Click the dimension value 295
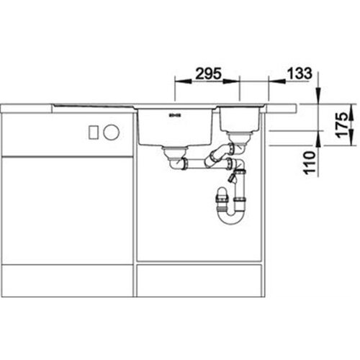click(x=208, y=73)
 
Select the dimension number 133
click(x=300, y=73)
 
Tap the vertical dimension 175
click(x=342, y=125)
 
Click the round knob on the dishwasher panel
click(x=111, y=132)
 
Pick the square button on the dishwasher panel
click(x=93, y=132)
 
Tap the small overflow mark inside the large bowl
click(x=174, y=115)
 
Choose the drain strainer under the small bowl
click(x=238, y=138)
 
